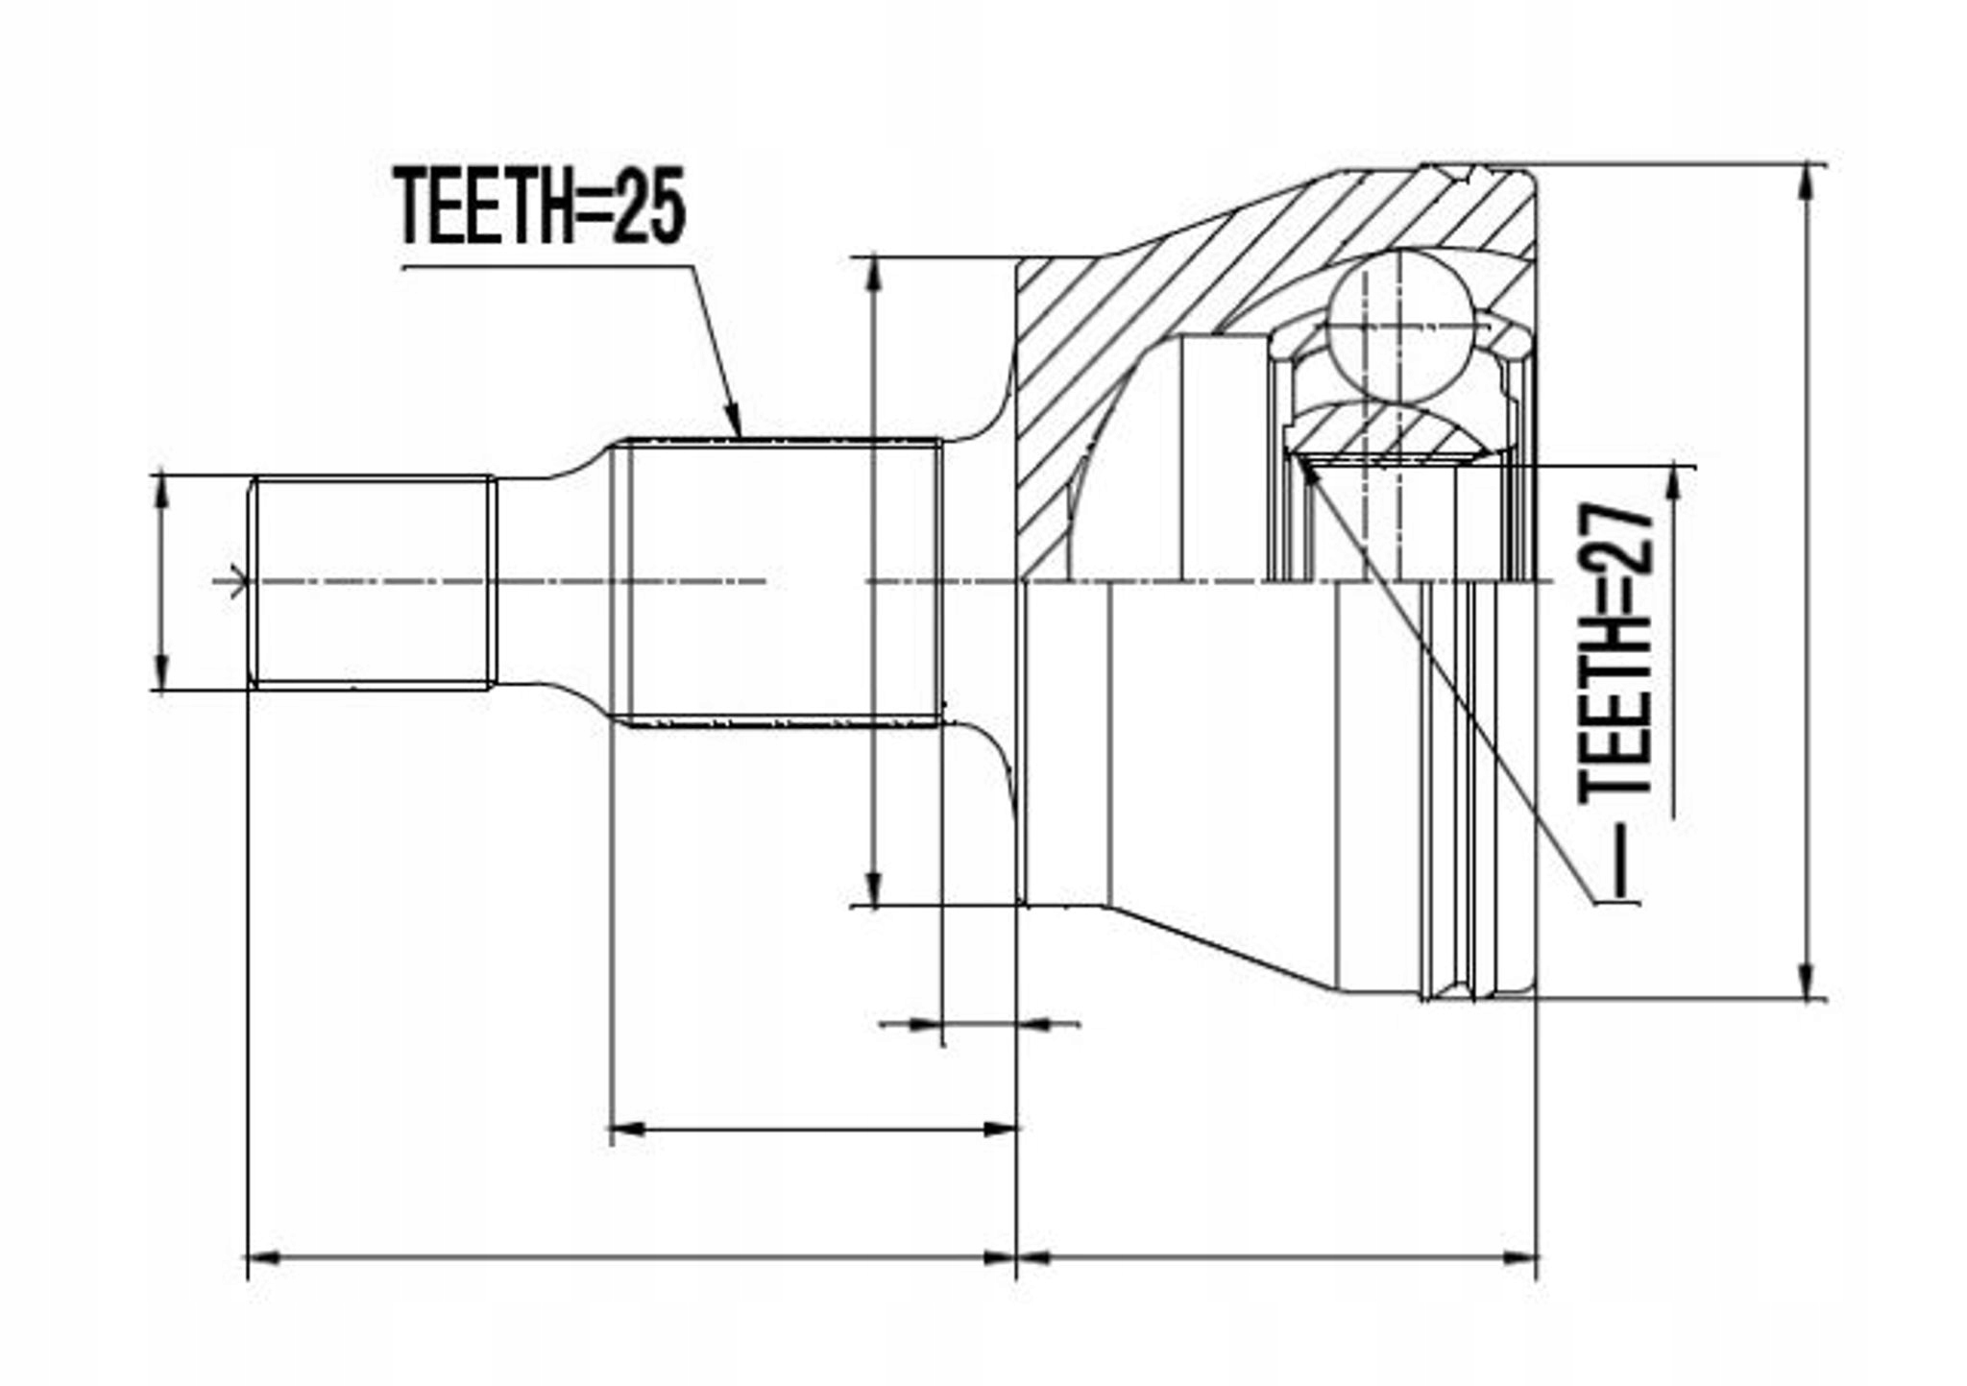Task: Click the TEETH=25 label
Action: click(x=541, y=206)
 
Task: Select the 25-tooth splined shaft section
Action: click(x=783, y=582)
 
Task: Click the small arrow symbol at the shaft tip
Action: click(x=234, y=582)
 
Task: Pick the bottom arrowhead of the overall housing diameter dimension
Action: click(x=1809, y=985)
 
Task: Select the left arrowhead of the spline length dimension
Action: click(x=626, y=1130)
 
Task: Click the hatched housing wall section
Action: click(x=1153, y=288)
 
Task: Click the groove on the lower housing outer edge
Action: click(x=1458, y=989)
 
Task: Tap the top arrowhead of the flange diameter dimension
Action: click(x=873, y=274)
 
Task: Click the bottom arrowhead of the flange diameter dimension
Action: click(x=873, y=889)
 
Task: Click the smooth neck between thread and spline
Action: click(x=552, y=582)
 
